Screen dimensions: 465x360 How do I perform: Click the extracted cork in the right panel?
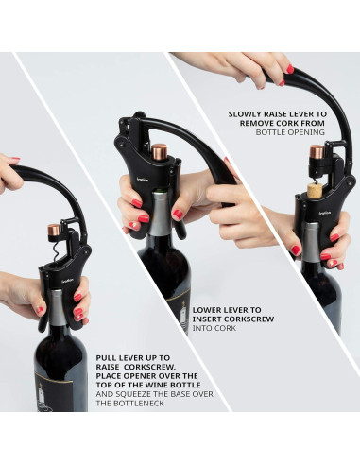(x=315, y=190)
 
